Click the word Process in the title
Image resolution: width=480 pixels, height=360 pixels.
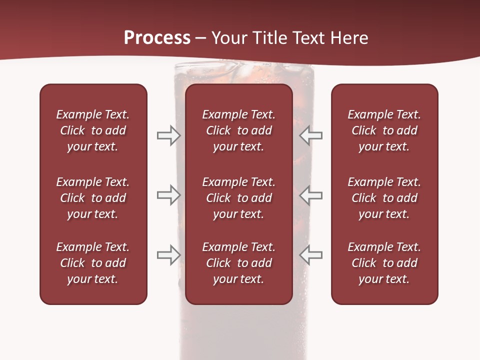tap(157, 38)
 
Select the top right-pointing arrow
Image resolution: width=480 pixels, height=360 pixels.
tap(168, 135)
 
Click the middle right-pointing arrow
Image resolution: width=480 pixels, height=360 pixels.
tap(168, 195)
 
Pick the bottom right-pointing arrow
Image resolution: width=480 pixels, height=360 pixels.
tap(168, 255)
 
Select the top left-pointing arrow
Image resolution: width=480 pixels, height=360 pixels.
tap(310, 135)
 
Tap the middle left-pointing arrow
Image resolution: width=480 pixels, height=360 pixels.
tap(310, 195)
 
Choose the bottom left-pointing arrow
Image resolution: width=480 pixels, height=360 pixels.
tap(310, 255)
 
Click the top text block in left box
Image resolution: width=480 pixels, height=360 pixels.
tap(93, 130)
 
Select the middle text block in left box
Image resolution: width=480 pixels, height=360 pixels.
tap(93, 198)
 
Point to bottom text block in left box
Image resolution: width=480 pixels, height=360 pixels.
tap(93, 263)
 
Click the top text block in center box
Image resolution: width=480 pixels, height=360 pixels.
tap(238, 130)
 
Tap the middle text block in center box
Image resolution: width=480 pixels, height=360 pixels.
tap(238, 198)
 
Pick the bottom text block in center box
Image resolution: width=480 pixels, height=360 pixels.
tap(238, 263)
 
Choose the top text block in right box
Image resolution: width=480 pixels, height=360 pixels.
tap(384, 130)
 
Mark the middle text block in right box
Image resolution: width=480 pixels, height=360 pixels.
tap(384, 198)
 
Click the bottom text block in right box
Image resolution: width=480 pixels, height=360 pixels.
tap(384, 263)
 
